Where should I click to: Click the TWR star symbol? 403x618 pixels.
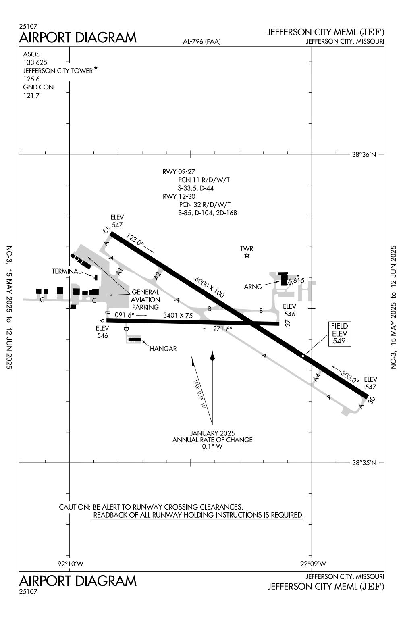247,256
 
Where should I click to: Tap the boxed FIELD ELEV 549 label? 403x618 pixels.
339,333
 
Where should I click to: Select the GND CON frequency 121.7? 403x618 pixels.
31,96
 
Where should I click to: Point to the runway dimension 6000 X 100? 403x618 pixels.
210,287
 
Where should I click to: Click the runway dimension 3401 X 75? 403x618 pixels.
178,316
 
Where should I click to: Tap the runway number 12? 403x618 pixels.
105,231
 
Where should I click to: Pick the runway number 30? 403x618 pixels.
372,400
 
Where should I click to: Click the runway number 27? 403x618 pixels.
288,323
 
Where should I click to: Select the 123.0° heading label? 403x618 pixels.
135,239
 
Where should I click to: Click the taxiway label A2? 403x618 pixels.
157,276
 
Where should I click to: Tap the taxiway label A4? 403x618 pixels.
317,378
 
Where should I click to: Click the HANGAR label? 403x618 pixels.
163,349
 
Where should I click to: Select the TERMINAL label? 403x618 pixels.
66,271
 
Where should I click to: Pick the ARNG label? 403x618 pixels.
253,287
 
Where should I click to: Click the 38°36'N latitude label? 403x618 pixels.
364,154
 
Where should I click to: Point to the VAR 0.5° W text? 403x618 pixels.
200,394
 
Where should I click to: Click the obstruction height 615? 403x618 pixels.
299,281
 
